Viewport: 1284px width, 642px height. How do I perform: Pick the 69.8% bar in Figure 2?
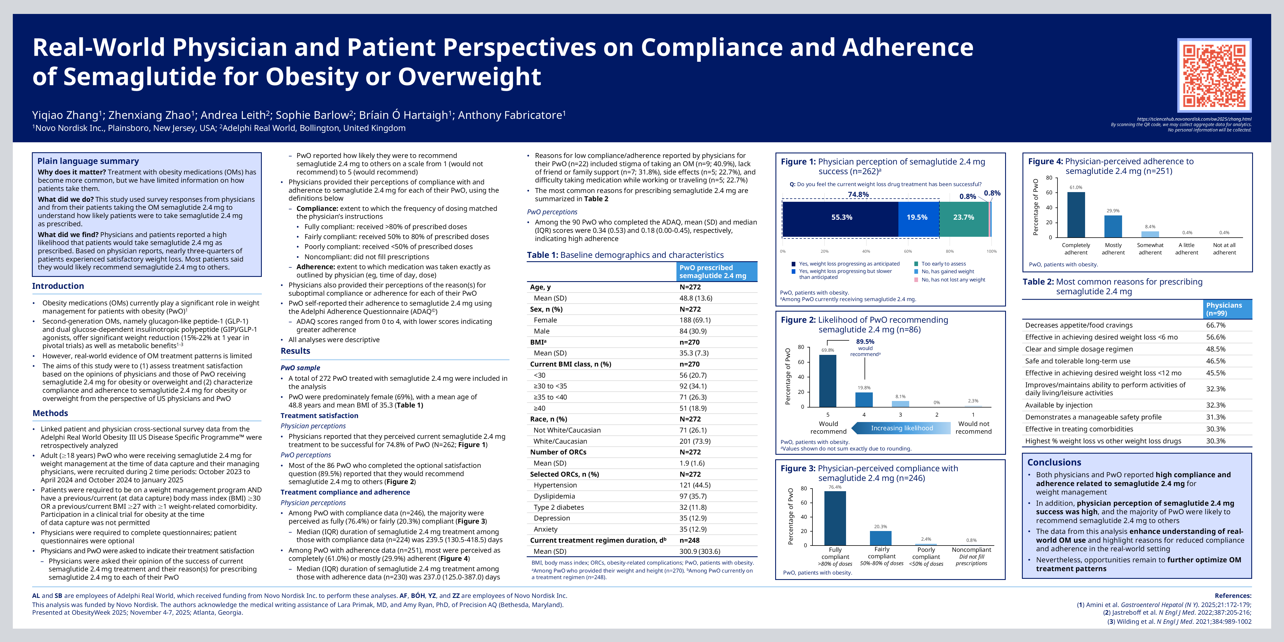click(828, 381)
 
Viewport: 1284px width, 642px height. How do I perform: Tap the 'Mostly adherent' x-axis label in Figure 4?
click(1113, 249)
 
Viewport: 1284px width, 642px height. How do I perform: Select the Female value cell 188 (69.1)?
click(695, 320)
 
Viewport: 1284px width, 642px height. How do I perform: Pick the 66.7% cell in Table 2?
click(1216, 325)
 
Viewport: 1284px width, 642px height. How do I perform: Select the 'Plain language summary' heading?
click(88, 161)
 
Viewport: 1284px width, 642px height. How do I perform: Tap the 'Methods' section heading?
click(50, 413)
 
